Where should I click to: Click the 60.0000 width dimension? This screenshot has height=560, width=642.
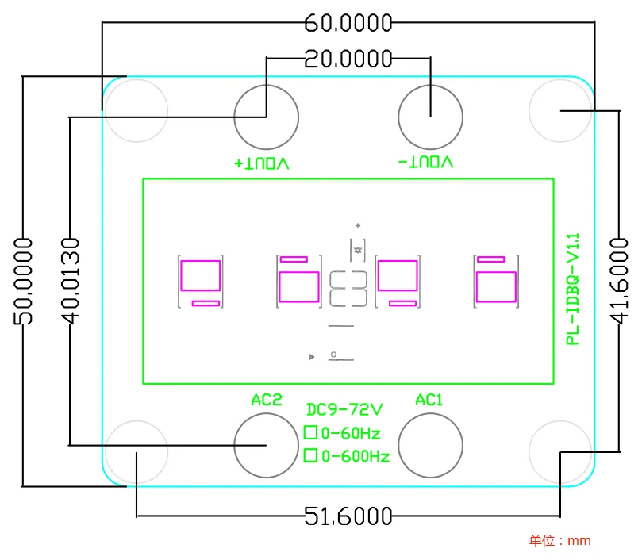[348, 23]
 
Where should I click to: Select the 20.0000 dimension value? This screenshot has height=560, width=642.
[348, 59]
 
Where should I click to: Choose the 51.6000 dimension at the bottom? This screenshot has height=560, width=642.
[348, 517]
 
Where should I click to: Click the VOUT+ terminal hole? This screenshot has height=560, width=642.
[266, 117]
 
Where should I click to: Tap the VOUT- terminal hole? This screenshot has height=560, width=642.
[429, 117]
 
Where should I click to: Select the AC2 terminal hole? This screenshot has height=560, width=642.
[266, 445]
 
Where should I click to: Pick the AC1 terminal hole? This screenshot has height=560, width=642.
[429, 445]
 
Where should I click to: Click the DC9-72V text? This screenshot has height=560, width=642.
[344, 410]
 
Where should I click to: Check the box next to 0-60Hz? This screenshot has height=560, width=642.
[310, 433]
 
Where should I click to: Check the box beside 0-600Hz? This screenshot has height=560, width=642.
[310, 455]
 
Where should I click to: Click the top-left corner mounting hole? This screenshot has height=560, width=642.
[136, 110]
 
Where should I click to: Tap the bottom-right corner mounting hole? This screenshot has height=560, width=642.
[560, 451]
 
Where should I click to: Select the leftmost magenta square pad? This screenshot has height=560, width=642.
[200, 276]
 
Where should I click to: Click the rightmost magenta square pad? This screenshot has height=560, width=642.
[496, 286]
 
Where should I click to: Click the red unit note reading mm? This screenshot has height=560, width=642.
[560, 541]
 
